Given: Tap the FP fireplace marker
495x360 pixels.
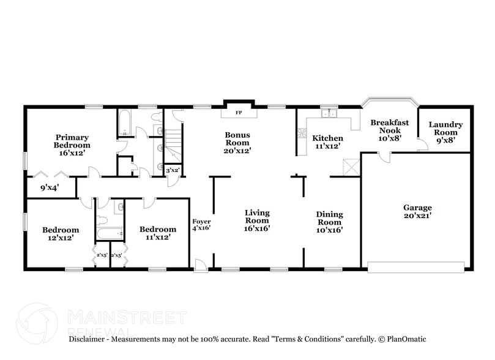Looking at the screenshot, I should pos(239,113).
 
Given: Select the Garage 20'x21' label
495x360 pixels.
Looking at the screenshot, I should pos(417,211).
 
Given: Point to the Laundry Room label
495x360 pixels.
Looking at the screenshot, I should pos(445,132).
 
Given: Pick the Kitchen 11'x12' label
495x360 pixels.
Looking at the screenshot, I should pos(327,142).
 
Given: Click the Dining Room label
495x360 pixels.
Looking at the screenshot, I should pos(329,222).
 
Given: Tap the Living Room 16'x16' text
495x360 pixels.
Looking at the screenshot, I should pos(257,220).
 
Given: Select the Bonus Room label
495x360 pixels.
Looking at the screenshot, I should pos(237,142).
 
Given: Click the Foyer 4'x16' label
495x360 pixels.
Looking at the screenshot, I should pos(201,225).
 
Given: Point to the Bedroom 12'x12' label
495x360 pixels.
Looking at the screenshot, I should pos(61,233).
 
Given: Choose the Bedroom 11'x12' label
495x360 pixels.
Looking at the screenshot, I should pos(158,233).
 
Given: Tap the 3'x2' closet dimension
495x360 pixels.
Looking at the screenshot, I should pos(173,170).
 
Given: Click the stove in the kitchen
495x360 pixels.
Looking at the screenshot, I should pos(301,133).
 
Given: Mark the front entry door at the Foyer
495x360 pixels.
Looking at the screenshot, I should pos(200,264).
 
